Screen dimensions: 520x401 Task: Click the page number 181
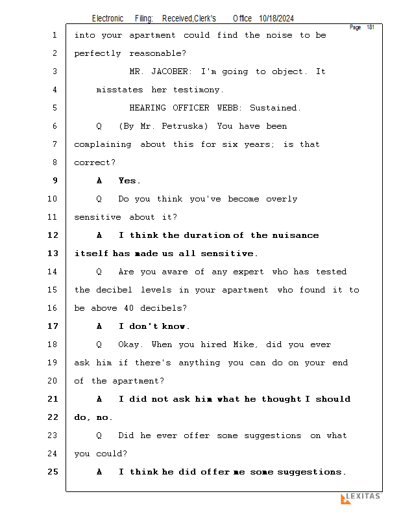370,27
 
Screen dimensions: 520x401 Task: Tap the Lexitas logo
360,498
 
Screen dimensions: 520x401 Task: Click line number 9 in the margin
55,181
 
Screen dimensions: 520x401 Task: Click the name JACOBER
174,71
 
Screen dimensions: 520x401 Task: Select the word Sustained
274,108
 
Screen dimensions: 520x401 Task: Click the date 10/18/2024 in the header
276,19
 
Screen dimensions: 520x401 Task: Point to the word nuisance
295,235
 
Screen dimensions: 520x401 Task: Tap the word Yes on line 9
129,181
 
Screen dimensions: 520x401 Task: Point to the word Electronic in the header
108,19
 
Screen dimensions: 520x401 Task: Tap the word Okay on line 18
132,344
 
